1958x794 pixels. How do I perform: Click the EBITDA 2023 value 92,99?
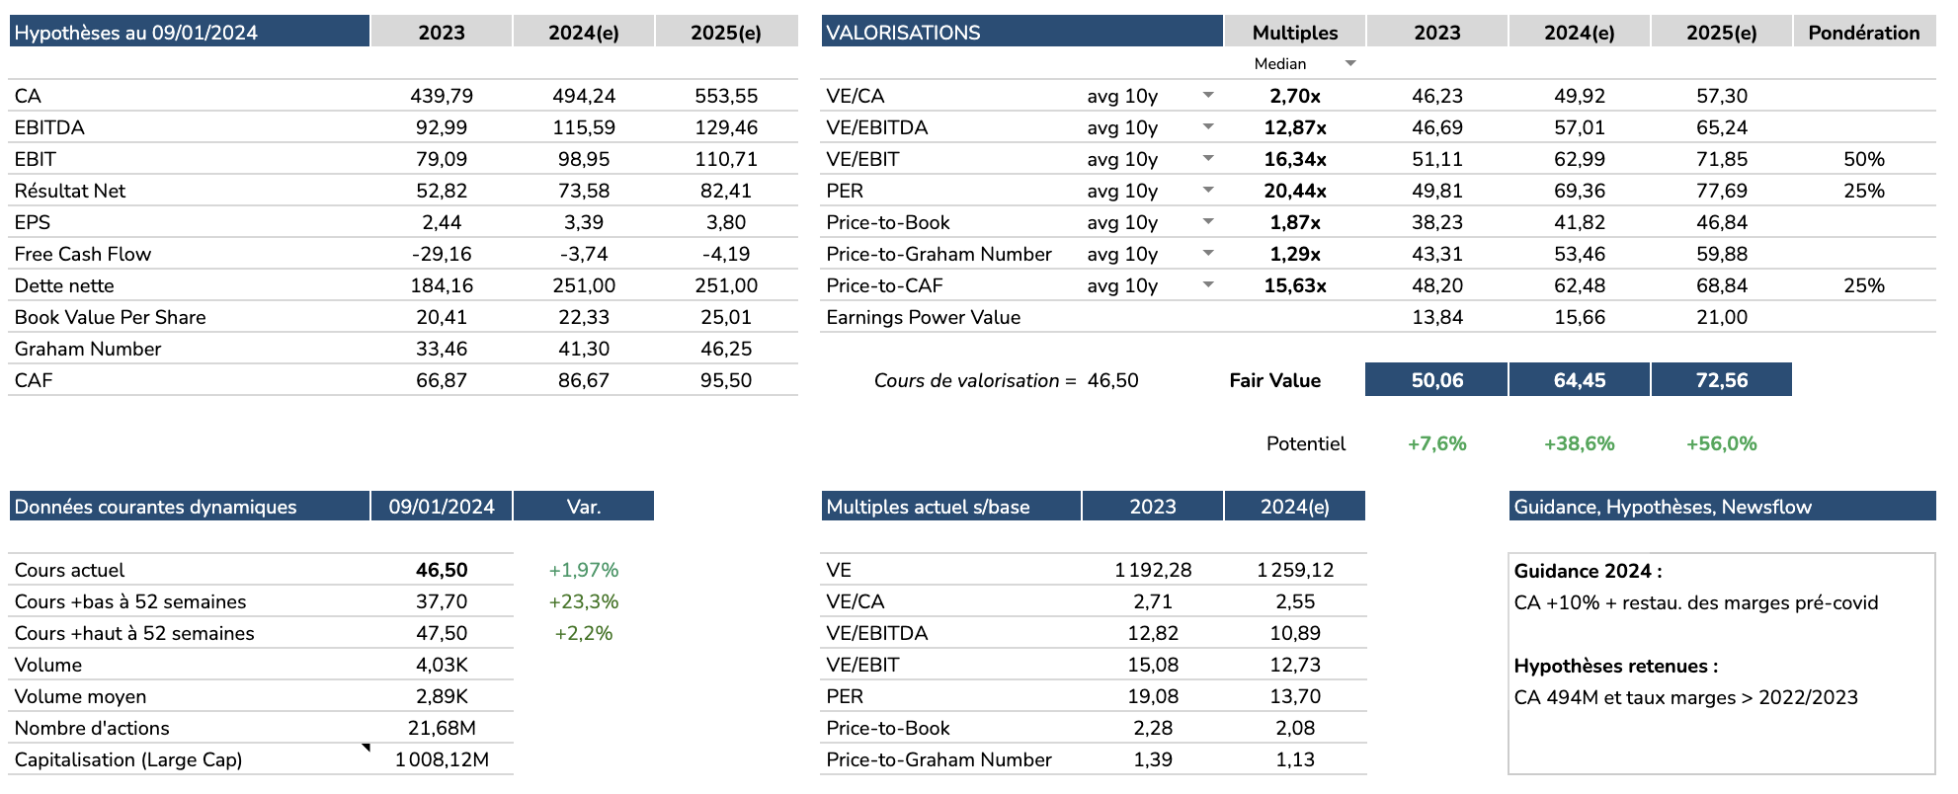(x=442, y=127)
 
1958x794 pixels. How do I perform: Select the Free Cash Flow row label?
(x=83, y=254)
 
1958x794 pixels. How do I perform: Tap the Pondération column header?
(x=1863, y=33)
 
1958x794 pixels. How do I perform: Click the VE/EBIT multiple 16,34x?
(x=1294, y=159)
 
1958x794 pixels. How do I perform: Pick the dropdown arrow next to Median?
(x=1350, y=63)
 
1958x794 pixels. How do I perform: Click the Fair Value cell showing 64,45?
(x=1579, y=380)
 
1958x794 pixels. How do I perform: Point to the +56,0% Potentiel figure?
(x=1721, y=443)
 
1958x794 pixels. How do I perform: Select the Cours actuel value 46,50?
(x=442, y=570)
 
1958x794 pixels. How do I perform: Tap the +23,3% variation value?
(x=583, y=601)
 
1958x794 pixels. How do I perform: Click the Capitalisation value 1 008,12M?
(x=442, y=759)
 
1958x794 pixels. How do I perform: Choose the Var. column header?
(x=583, y=507)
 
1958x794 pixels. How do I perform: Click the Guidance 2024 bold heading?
(x=1588, y=571)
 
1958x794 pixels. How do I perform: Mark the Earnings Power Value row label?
(x=923, y=317)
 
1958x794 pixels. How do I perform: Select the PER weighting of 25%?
(x=1863, y=191)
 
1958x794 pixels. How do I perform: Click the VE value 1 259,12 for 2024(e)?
(x=1294, y=570)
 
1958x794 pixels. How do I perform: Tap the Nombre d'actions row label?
(x=92, y=728)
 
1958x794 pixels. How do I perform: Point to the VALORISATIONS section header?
(x=903, y=33)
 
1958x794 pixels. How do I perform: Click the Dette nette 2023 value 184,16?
(x=442, y=285)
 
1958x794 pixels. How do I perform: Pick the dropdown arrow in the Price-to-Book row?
(x=1207, y=222)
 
